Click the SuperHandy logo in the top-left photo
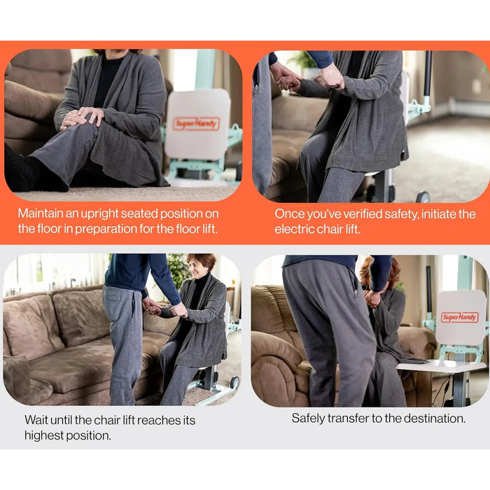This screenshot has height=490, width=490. (x=196, y=124)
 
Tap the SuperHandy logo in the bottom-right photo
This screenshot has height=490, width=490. (x=459, y=317)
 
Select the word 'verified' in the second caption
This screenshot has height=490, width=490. (x=362, y=214)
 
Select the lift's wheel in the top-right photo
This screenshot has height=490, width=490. (x=423, y=197)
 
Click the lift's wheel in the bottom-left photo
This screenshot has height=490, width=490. (x=234, y=383)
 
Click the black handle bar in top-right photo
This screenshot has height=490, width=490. (x=428, y=74)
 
